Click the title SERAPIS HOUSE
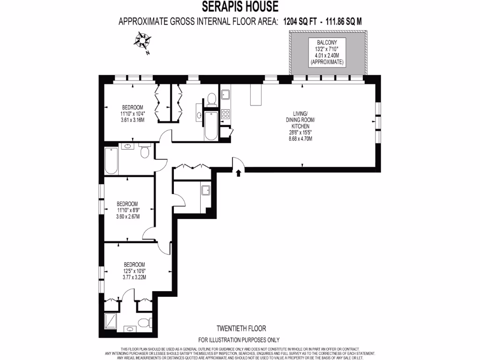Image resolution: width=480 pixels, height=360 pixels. pyautogui.click(x=240, y=7)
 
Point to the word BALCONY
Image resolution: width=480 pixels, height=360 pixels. pyautogui.click(x=327, y=42)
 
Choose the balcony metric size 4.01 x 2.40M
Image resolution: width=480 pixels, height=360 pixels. pyautogui.click(x=327, y=55)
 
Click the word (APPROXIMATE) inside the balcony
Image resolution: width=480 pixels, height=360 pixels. pyautogui.click(x=327, y=62)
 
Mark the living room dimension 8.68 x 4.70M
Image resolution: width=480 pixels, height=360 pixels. pyautogui.click(x=300, y=139)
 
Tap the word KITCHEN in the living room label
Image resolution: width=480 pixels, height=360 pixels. pyautogui.click(x=300, y=127)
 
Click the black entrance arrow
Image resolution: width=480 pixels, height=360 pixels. pyautogui.click(x=239, y=173)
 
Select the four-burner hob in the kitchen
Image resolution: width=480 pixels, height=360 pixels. pyautogui.click(x=225, y=114)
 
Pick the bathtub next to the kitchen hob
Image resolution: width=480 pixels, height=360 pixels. pyautogui.click(x=211, y=126)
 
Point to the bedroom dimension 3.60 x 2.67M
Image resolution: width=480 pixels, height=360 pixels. pyautogui.click(x=127, y=217)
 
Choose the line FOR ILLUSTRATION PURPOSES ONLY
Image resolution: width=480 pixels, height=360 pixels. pyautogui.click(x=239, y=340)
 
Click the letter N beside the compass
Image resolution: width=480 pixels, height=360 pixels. pyautogui.click(x=148, y=53)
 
